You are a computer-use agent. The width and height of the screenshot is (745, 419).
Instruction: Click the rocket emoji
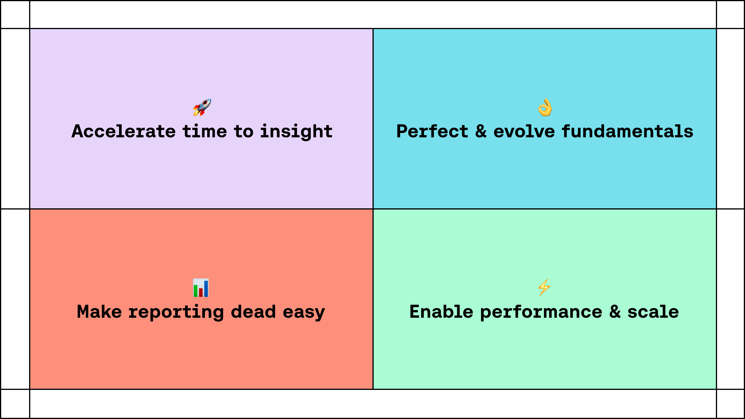pos(202,107)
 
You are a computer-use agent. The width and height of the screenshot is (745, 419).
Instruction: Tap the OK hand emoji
pos(545,107)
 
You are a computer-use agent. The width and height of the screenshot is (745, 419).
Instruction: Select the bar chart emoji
pos(201,288)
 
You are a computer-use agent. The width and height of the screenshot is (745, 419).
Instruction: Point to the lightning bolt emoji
pos(544,288)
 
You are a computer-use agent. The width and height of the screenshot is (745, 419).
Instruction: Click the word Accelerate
pos(124,131)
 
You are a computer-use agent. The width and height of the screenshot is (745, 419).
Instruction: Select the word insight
pos(296,132)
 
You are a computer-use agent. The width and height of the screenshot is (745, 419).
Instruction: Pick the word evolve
pos(524,131)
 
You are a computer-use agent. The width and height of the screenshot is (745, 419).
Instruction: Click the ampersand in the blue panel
pos(481,131)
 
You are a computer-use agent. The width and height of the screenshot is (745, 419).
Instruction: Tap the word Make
pos(99,312)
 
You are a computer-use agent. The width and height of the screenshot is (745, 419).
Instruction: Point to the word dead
pos(253,312)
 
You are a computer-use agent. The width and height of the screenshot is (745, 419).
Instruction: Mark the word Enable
pos(441,312)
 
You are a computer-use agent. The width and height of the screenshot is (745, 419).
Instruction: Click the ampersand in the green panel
pos(615,312)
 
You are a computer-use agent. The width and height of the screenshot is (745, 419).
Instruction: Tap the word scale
pos(653,312)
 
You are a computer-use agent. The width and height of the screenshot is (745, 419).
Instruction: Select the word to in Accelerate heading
pos(244,132)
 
